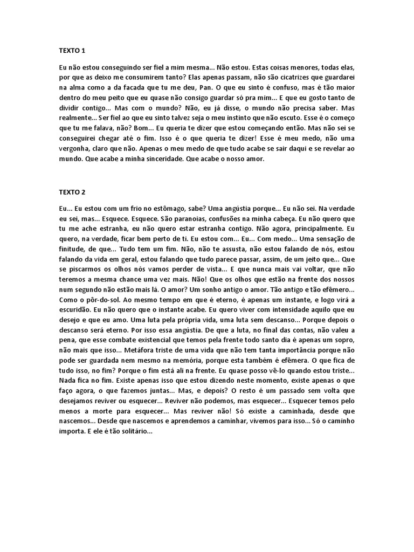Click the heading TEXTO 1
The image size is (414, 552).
point(72,51)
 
